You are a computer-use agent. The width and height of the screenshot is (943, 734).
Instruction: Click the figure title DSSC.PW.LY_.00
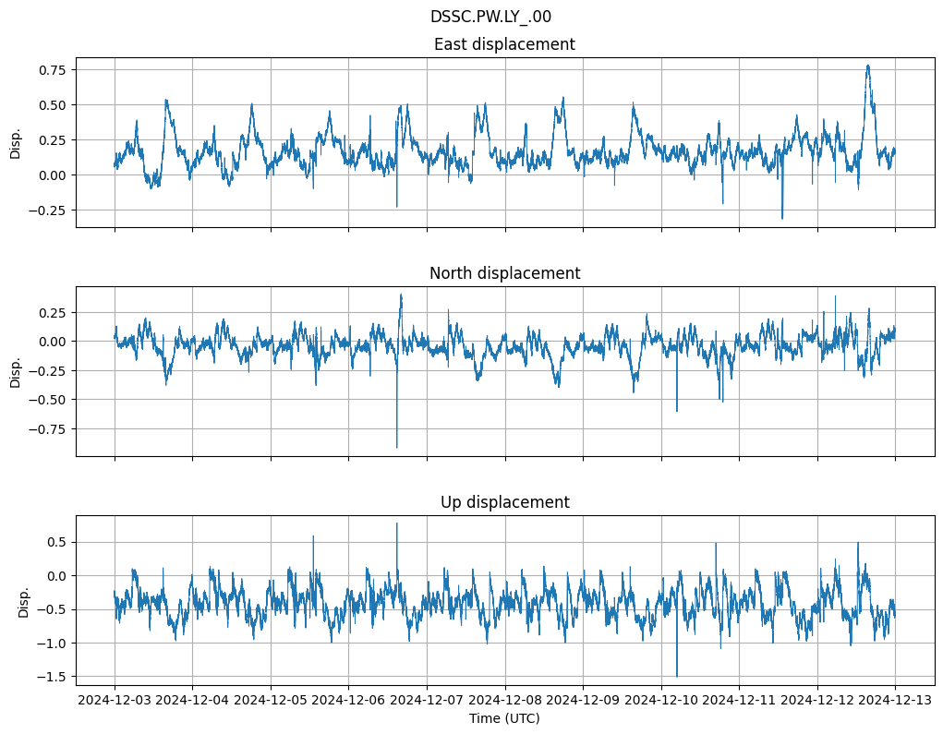[490, 17]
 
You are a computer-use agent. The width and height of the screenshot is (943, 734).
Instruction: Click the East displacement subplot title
[504, 44]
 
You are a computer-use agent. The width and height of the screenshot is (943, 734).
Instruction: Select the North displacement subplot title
[504, 273]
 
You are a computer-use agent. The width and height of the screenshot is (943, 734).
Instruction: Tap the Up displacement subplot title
[504, 502]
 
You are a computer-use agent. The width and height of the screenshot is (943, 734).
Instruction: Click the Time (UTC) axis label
[504, 717]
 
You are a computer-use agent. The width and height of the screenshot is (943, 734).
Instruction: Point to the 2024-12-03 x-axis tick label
[115, 700]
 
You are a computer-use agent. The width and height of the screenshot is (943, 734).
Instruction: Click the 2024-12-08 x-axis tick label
[504, 700]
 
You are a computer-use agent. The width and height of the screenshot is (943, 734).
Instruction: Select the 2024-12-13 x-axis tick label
[895, 700]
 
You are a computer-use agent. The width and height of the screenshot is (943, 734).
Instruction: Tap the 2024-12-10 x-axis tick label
[660, 700]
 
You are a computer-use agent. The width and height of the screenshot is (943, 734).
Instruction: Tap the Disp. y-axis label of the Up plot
[24, 601]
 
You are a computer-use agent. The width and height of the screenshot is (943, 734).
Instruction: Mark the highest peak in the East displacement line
[868, 65]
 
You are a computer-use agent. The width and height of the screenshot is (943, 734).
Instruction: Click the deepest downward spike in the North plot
[397, 448]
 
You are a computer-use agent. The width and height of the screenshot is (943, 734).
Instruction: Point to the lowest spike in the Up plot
[677, 677]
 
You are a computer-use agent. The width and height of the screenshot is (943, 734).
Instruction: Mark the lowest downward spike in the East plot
[782, 219]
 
